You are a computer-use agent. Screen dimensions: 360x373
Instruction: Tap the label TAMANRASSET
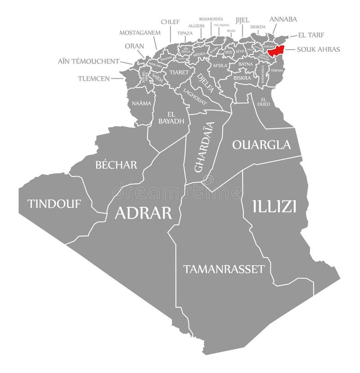point(224,269)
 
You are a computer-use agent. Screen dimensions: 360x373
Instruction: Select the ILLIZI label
point(274,206)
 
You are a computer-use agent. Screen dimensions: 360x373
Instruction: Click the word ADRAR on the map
point(143,213)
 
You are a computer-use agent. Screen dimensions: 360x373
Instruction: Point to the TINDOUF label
point(54,204)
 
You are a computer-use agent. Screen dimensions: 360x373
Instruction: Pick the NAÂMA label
point(141,103)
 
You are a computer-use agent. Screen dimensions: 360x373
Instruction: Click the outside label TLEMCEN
point(94,78)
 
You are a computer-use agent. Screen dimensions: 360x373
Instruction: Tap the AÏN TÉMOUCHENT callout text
point(88,61)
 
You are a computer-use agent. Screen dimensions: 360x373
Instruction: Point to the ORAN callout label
point(135,46)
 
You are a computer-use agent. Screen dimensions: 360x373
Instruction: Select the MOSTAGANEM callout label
point(139,32)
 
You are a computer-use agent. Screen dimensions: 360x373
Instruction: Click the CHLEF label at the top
point(171,21)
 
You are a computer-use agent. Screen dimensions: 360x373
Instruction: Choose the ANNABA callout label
point(283,19)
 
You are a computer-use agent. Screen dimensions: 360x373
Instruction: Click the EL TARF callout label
point(311,35)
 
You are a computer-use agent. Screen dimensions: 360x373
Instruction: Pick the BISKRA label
point(243,77)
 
